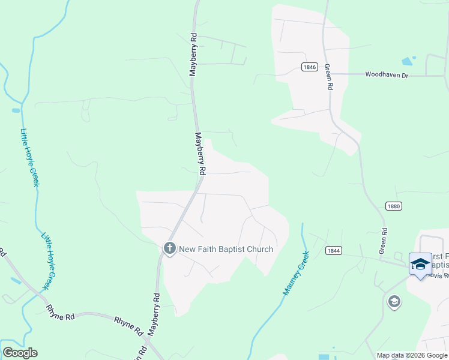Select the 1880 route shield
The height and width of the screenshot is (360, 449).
394,206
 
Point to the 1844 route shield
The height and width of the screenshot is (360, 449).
334,250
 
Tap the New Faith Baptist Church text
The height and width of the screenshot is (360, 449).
226,249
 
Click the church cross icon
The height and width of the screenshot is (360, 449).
170,248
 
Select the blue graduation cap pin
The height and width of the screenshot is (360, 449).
420,264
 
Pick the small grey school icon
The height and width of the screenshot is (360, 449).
394,301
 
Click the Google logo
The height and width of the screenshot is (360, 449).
20,353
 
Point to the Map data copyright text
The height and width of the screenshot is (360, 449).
412,355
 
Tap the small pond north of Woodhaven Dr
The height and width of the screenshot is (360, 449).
408,61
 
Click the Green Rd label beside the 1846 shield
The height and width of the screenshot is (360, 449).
329,77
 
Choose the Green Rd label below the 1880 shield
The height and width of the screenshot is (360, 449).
382,241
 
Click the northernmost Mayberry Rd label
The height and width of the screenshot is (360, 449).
193,54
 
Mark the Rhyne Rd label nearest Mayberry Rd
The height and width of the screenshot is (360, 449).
129,325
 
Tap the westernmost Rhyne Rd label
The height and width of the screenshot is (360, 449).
60,313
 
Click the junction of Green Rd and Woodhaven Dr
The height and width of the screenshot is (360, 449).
330,74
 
